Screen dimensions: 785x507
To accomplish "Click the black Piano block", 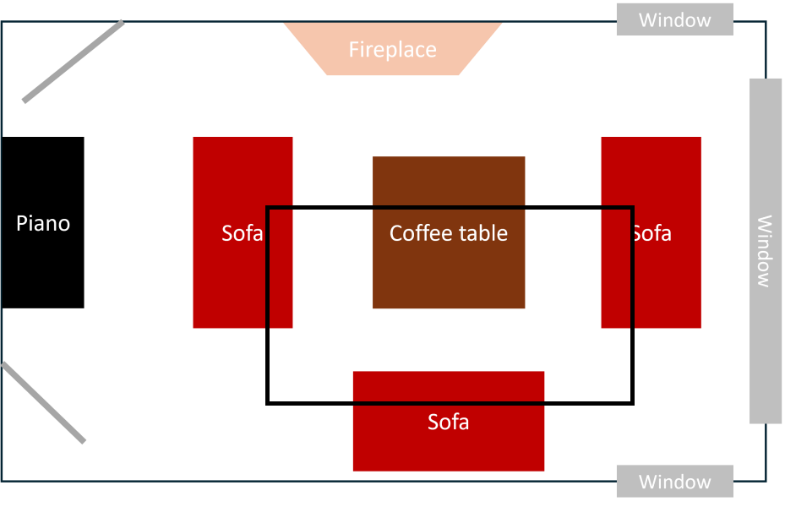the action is click(x=42, y=222).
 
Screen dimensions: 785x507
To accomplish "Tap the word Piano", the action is click(x=43, y=223).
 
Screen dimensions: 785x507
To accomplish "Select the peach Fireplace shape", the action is click(x=393, y=48).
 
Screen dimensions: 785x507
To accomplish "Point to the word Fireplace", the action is click(x=392, y=50).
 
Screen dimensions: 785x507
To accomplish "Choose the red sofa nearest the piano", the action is click(x=243, y=232).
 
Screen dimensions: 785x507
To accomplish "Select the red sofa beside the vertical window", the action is click(x=651, y=232).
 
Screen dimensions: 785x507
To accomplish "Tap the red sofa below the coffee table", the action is click(x=449, y=421).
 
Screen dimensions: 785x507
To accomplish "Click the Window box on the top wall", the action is click(x=675, y=19).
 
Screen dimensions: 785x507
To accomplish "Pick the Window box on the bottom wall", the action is click(x=675, y=481).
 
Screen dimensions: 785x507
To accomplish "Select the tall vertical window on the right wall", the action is click(x=766, y=251).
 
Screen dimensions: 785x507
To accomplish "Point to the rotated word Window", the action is click(x=764, y=251).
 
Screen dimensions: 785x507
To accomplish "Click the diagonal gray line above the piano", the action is click(x=74, y=61).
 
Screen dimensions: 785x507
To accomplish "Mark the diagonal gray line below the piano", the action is click(x=44, y=403).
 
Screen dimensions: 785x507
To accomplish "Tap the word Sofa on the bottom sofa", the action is click(x=448, y=422).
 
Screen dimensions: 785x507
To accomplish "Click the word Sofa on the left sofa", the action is click(x=243, y=233).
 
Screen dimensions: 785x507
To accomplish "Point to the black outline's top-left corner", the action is click(x=268, y=208).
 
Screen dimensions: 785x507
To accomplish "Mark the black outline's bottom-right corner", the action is click(x=632, y=402).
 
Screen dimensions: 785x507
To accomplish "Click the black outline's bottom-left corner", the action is click(x=268, y=402).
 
